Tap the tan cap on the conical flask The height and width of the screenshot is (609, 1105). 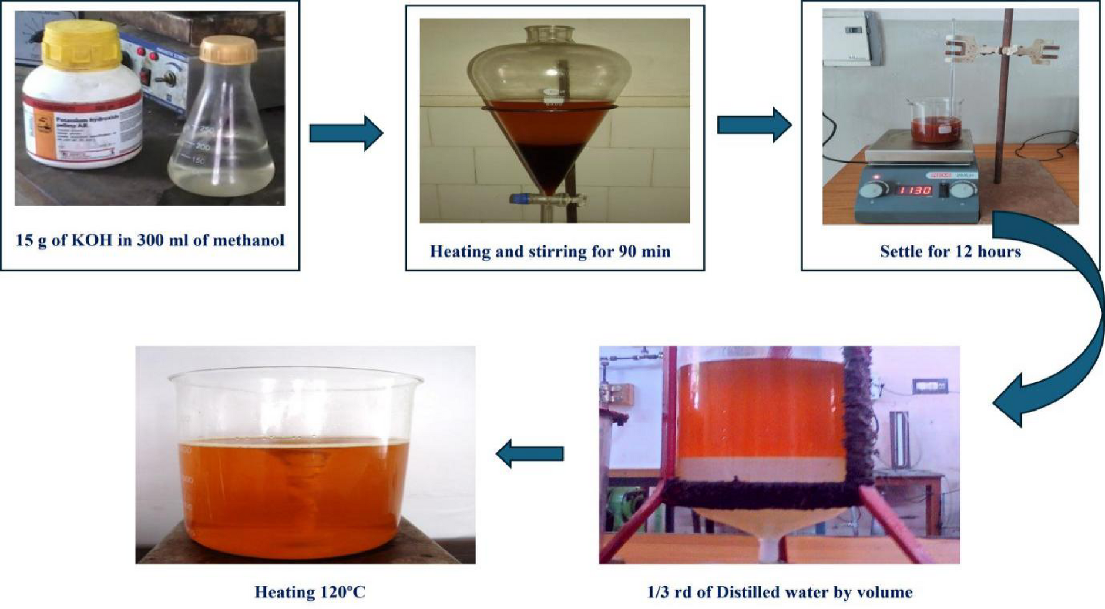pyautogui.click(x=227, y=51)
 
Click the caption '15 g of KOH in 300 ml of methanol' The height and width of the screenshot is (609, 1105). pyautogui.click(x=150, y=240)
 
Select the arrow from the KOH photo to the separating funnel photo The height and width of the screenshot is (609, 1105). pyautogui.click(x=346, y=133)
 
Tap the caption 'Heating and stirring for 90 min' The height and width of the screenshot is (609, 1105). pyautogui.click(x=550, y=252)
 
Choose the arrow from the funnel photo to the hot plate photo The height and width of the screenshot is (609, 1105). pyautogui.click(x=754, y=125)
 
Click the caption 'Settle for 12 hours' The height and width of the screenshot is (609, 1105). pyautogui.click(x=950, y=252)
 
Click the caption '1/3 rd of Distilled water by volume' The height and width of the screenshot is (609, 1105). pyautogui.click(x=780, y=592)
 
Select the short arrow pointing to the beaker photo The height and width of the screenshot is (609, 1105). pyautogui.click(x=529, y=453)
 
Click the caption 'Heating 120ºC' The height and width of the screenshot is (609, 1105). pyautogui.click(x=310, y=592)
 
